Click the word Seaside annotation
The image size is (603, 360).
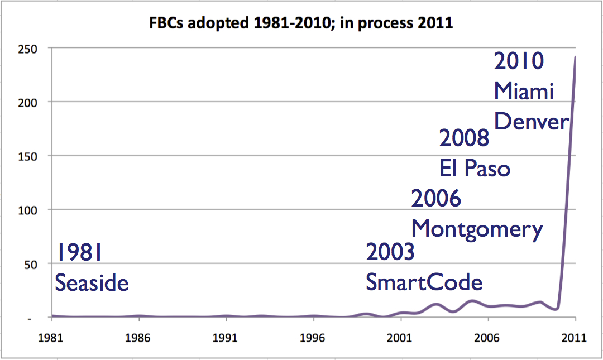[x=92, y=282]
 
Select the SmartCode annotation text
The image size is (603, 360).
[x=424, y=282]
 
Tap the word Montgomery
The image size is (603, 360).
[x=477, y=229]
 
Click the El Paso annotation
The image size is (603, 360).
[x=475, y=168]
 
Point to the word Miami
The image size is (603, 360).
[x=524, y=91]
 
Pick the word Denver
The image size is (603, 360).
[x=532, y=121]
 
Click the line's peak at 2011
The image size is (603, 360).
[x=575, y=57]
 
